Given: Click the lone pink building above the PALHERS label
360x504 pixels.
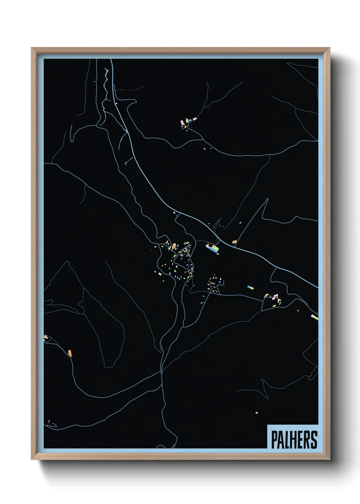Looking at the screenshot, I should coord(257,413).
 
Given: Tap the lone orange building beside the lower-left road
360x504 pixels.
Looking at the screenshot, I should coord(70,353).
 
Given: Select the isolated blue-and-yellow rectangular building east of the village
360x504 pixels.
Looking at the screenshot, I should coord(250,288).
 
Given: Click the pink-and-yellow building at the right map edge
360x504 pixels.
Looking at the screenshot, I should coord(315,317).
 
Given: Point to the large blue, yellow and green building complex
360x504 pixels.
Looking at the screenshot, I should coord(213,248).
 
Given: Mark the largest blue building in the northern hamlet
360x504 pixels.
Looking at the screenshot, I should coord(195,119).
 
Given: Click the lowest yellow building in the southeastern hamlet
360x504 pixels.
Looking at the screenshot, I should coord(274,306).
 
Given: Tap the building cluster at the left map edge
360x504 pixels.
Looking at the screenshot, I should coord(46,337).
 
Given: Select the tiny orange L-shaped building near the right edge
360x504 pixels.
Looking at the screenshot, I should coord(298,311).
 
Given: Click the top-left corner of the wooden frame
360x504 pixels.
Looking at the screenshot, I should coord(31,48).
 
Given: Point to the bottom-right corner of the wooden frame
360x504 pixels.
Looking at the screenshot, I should coord(330,460).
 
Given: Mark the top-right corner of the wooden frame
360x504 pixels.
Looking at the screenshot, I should coord(330,48).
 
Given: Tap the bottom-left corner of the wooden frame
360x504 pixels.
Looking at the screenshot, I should coord(31,460).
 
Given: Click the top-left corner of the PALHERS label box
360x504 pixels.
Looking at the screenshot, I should coord(267,425).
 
